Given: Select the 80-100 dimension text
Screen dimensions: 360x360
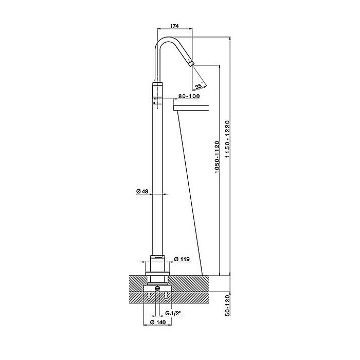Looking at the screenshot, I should [x=188, y=96].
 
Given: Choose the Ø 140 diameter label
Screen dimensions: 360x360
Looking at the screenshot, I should [x=157, y=322].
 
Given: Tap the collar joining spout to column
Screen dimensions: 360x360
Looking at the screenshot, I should [x=158, y=89].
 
